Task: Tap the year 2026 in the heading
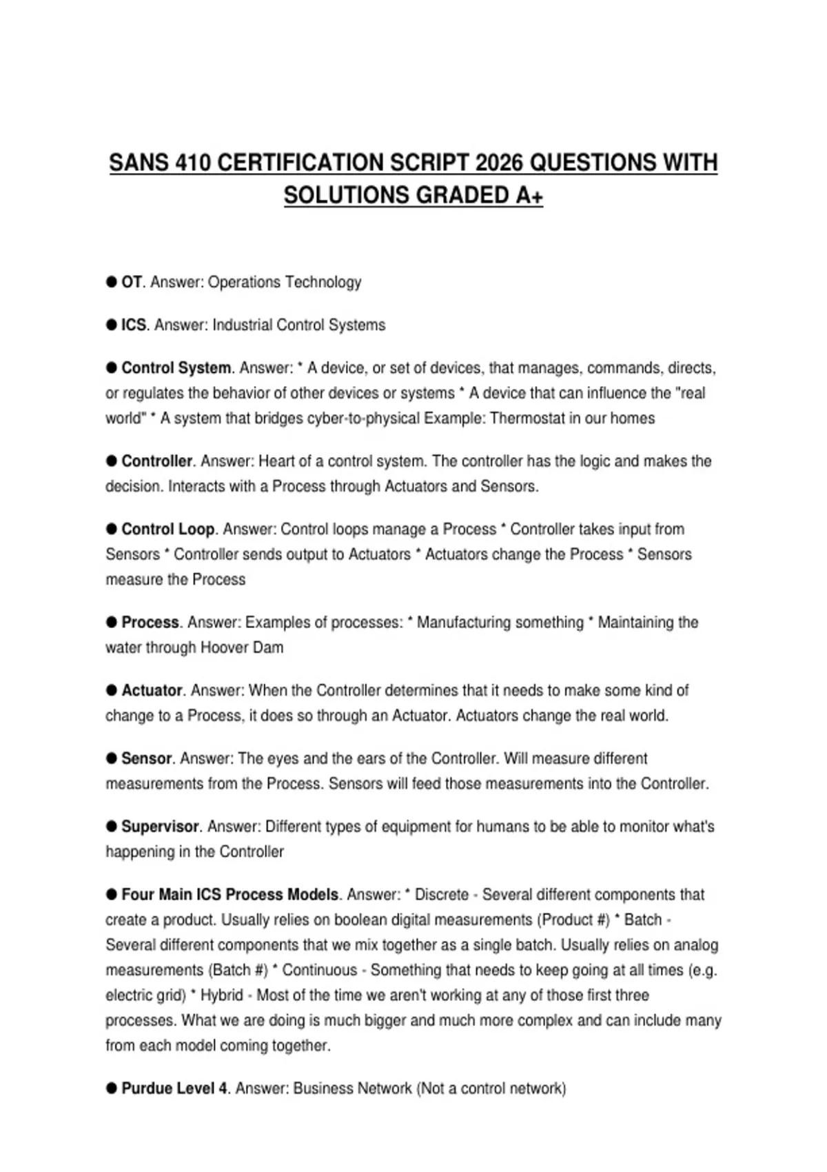pos(499,163)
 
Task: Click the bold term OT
pos(131,282)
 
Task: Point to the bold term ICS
pos(134,325)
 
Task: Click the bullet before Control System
pos(111,368)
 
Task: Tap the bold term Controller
pos(156,461)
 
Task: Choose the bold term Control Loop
pos(168,529)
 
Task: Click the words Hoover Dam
pos(241,648)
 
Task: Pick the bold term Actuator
pos(152,690)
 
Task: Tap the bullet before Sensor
pos(111,758)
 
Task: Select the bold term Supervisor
pos(160,827)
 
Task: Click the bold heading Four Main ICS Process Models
pos(230,895)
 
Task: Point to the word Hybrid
pos(221,996)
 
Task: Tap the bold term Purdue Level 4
pos(174,1089)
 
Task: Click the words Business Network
pos(352,1089)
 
